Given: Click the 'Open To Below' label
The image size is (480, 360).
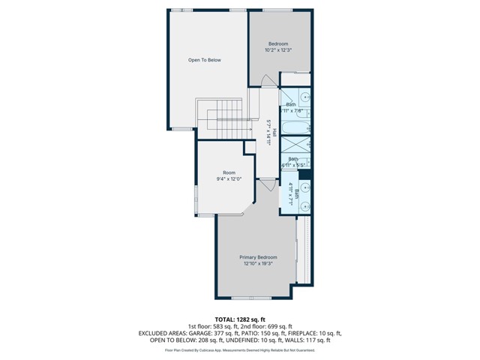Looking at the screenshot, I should [204, 60].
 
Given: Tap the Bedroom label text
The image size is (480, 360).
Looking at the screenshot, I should [277, 44].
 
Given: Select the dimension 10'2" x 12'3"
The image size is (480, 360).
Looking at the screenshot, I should [277, 51].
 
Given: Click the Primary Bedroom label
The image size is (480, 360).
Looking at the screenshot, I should [258, 256].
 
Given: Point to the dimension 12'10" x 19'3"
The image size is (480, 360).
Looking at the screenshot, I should [258, 264].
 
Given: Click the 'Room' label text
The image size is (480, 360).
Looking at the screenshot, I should [228, 172].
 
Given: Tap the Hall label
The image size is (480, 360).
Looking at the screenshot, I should [274, 133].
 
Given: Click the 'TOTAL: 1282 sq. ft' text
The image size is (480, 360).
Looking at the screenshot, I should [240, 319].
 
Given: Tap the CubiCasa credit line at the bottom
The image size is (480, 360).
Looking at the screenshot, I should [240, 349].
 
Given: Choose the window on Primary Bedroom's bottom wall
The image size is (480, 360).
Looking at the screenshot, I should [250, 298].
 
